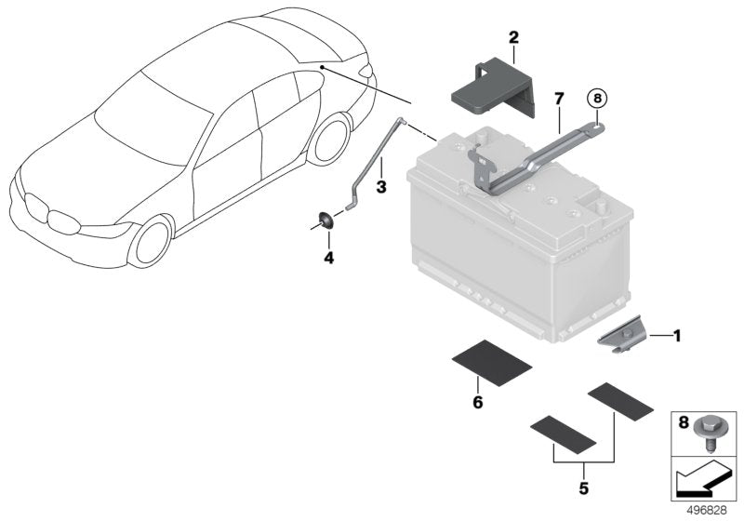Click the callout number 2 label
pos(513,37)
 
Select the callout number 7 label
pos(558,97)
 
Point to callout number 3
pos(380,186)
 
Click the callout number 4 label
pos(328,255)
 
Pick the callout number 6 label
pos(477,402)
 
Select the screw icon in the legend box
pos(713,433)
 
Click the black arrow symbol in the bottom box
pos(700,480)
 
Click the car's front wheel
pos(152,240)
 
